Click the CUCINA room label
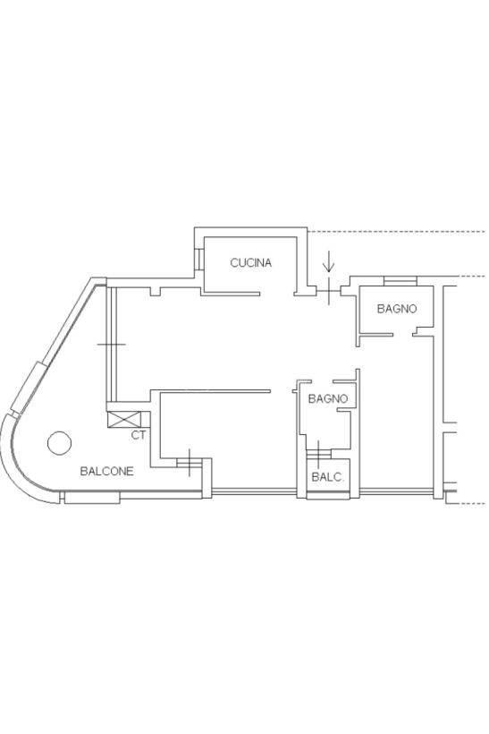click(x=250, y=262)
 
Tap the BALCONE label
click(x=106, y=471)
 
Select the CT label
click(x=138, y=435)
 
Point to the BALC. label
click(x=327, y=477)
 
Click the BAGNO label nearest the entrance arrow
click(x=396, y=309)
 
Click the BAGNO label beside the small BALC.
click(x=328, y=399)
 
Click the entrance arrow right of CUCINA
click(x=329, y=261)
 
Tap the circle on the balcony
click(x=59, y=443)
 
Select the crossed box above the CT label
click(x=124, y=419)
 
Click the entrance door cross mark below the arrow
click(x=329, y=291)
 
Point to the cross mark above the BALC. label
click(x=318, y=454)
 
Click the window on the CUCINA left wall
click(x=199, y=260)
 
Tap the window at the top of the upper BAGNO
click(x=400, y=281)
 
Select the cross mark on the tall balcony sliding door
click(x=111, y=345)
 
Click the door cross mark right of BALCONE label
click(x=190, y=463)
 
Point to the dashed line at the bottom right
click(x=465, y=504)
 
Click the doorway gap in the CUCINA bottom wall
click(x=277, y=294)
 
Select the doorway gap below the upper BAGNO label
click(x=402, y=334)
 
